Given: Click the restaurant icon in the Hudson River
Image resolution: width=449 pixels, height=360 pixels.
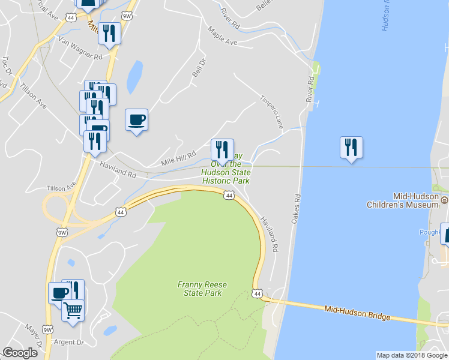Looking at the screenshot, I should (351, 148).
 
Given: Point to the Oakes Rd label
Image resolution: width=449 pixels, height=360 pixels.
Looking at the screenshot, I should (295, 209).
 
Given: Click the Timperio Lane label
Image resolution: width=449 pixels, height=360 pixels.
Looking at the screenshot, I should (271, 111).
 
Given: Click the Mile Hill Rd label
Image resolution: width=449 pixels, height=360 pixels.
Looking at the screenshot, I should (179, 159).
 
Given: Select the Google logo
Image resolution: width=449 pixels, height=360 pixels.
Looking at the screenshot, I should (20, 353).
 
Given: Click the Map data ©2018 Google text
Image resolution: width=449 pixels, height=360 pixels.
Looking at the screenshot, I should (411, 355).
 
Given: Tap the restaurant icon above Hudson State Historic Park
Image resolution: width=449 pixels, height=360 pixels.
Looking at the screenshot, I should (222, 150).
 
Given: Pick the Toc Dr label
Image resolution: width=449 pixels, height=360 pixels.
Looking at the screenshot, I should (7, 65).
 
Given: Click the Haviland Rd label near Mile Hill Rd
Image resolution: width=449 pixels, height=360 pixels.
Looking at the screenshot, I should (118, 170).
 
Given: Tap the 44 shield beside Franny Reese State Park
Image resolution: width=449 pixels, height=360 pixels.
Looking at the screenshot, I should (257, 293).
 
